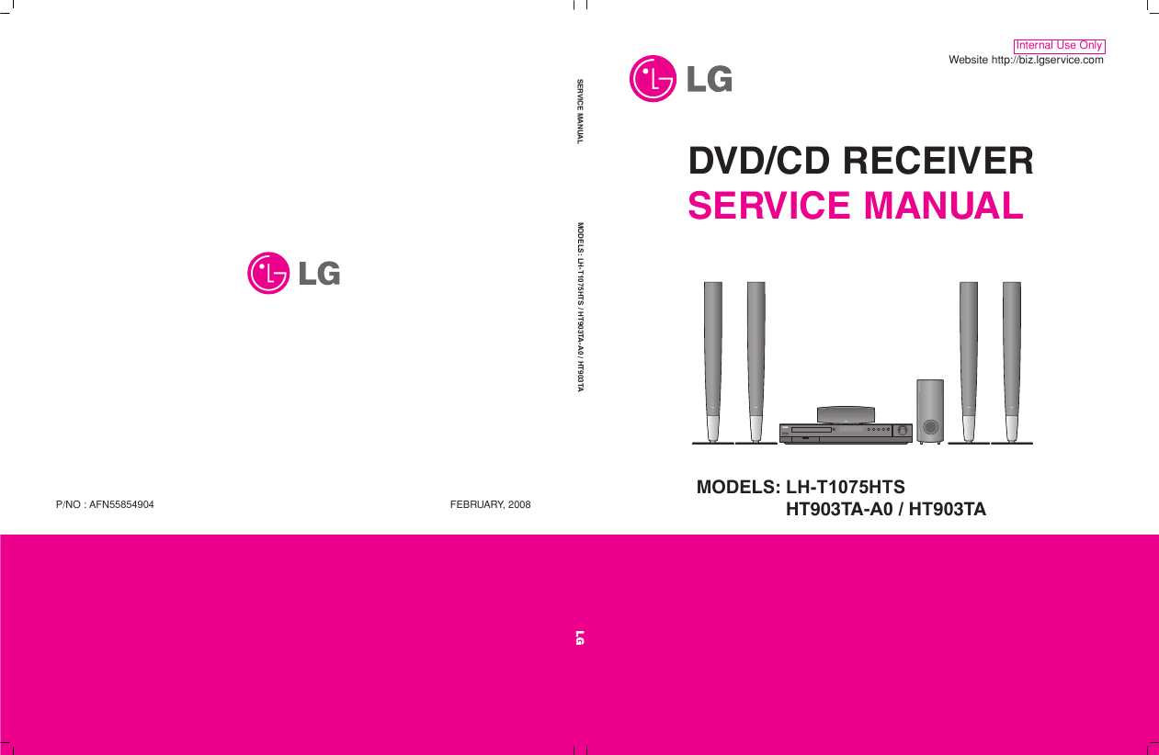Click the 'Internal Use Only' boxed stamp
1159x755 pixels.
(1059, 46)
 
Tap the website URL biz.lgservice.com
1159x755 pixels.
(1047, 60)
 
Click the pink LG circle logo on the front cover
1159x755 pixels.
(653, 79)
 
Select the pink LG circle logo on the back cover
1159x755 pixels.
(268, 273)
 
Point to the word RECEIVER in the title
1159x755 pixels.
(938, 161)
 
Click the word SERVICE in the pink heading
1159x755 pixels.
(769, 206)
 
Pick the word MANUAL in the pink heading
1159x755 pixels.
(944, 206)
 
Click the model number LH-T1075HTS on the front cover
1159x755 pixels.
(846, 487)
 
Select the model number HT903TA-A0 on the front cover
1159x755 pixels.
(839, 510)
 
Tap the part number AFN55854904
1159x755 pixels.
(121, 505)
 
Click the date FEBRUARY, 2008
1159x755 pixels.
(491, 505)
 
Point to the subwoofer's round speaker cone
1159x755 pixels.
(930, 426)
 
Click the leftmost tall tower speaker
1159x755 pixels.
(713, 363)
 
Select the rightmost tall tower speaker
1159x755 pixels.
(1012, 363)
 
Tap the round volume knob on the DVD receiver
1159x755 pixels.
(903, 430)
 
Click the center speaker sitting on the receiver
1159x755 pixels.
(846, 415)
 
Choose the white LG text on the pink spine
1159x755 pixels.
(580, 637)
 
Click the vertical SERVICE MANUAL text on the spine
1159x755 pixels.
(580, 112)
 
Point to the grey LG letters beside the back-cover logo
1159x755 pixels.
(320, 274)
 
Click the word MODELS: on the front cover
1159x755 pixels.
(738, 487)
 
